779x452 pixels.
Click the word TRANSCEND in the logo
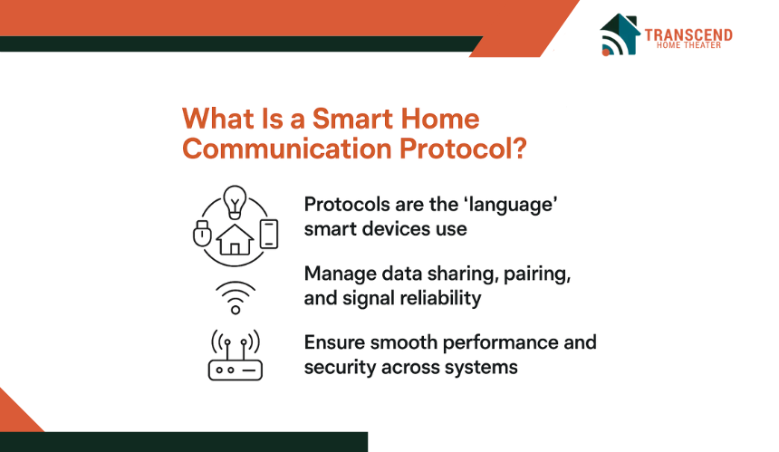click(x=688, y=34)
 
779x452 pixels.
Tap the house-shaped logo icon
click(x=620, y=34)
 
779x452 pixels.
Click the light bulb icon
click(x=235, y=203)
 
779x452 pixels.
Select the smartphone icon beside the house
click(x=269, y=234)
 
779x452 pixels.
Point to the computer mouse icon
click(x=202, y=233)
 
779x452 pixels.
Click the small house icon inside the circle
click(x=235, y=239)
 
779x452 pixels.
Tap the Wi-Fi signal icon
click(x=236, y=297)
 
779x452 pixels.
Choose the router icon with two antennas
click(x=236, y=355)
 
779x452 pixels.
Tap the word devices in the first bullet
click(x=397, y=229)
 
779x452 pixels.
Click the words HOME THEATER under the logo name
click(x=688, y=45)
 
